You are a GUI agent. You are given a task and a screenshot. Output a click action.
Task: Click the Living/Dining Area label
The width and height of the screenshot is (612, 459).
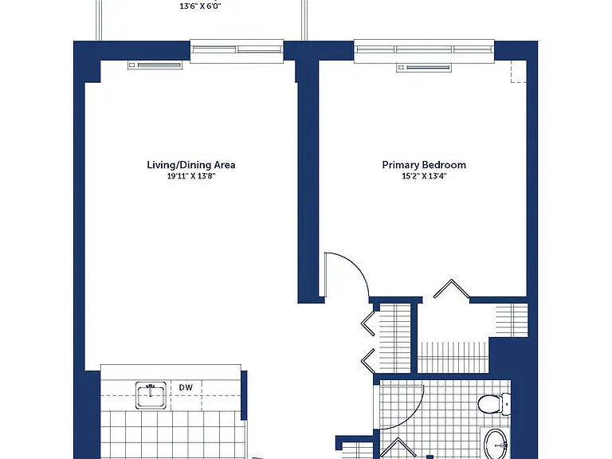pos(191,165)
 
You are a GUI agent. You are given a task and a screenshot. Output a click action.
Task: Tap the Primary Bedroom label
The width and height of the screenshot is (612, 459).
pos(424,165)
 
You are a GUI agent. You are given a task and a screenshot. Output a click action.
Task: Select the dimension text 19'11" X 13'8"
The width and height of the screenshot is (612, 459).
pos(191,176)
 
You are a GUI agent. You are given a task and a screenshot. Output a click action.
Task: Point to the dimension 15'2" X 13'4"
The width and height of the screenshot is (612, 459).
pos(424,176)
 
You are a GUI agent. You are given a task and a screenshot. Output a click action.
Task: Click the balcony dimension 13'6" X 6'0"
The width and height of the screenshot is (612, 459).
pos(200,6)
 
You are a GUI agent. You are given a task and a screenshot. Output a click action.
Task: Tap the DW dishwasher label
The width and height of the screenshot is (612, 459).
pos(186,387)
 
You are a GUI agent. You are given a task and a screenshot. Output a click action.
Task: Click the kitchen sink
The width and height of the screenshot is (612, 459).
pos(151,395)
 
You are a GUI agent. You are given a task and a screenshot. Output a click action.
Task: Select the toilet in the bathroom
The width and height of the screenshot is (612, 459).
pos(494,404)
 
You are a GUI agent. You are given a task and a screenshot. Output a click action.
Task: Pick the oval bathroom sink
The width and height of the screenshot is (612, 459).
pos(496,445)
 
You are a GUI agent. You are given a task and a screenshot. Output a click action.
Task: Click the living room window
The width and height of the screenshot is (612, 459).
pos(237,50)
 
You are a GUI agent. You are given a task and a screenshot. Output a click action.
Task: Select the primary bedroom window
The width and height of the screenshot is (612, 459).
pos(424,50)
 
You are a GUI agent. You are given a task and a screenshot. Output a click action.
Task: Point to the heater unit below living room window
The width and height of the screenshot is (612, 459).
pos(155,65)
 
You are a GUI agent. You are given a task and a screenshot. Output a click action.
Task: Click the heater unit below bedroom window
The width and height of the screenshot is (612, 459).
pos(424,68)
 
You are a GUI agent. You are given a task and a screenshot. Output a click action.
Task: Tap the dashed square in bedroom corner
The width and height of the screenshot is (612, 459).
pos(519,72)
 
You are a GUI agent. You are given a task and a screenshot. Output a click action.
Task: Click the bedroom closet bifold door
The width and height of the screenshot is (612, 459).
pos(452,288)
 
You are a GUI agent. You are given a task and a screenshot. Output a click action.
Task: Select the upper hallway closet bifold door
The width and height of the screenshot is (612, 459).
pos(368,324)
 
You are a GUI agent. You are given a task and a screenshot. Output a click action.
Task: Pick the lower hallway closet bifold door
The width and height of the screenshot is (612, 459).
pos(368,361)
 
